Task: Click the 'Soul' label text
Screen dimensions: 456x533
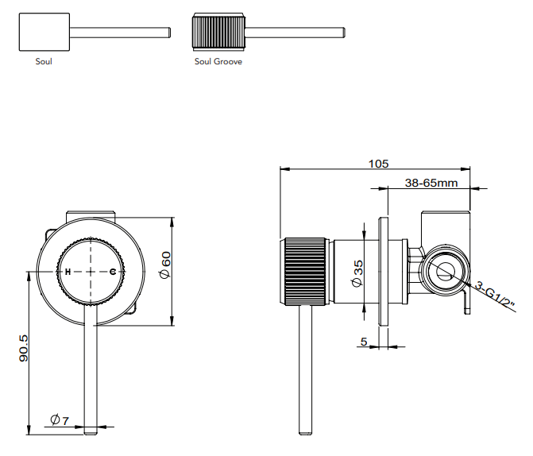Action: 44,61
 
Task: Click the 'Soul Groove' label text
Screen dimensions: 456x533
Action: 218,61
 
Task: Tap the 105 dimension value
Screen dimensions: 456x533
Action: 379,164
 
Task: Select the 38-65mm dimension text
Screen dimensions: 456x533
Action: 431,183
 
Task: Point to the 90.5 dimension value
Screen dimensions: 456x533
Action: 24,349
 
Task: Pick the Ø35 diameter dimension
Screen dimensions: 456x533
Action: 358,272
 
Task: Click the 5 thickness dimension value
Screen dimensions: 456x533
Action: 363,342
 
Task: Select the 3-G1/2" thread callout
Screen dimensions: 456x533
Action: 497,296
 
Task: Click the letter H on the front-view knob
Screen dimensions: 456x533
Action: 68,272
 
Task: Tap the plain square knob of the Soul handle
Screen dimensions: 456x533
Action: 44,33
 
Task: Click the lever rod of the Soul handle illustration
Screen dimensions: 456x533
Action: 119,33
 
